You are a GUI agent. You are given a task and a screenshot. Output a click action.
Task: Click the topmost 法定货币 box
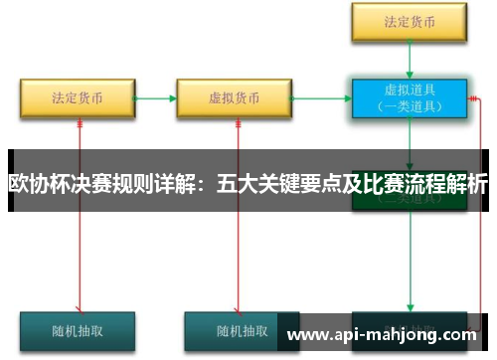[408, 21]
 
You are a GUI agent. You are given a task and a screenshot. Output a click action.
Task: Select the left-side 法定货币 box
[78, 98]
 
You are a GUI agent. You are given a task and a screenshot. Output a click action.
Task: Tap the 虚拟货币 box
[235, 98]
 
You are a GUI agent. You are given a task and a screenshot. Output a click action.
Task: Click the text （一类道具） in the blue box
[408, 107]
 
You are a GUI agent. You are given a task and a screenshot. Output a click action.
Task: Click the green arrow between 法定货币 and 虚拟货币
[156, 98]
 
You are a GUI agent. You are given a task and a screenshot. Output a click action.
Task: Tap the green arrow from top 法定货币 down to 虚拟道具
[409, 59]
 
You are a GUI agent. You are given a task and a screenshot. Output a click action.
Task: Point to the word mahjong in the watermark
[413, 334]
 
